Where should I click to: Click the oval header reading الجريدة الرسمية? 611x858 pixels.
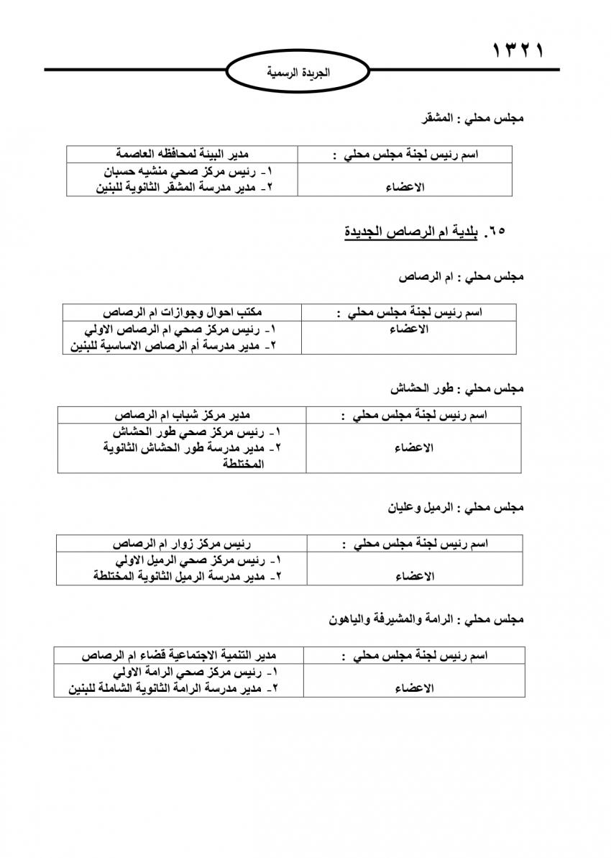[298, 73]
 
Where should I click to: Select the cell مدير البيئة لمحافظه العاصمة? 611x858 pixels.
[183, 154]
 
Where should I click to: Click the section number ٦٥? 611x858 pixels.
[496, 232]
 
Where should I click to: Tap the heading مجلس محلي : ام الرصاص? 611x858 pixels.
[461, 276]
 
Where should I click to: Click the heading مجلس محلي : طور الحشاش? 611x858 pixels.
[457, 388]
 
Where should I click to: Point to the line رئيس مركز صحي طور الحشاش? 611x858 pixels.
[196, 432]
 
